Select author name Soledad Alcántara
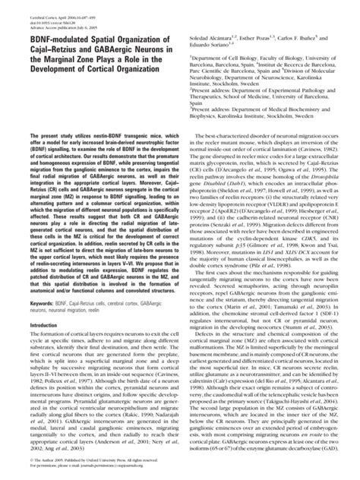pos(215,37)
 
